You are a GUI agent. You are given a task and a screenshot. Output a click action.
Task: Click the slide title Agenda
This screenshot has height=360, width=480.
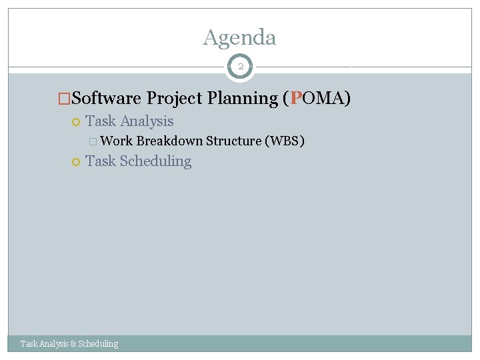(x=239, y=37)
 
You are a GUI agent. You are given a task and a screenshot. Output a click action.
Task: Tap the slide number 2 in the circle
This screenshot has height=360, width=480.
(x=240, y=67)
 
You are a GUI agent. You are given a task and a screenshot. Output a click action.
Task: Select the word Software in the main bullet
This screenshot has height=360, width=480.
(x=106, y=99)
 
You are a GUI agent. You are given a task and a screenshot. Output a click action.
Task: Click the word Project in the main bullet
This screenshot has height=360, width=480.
(x=175, y=99)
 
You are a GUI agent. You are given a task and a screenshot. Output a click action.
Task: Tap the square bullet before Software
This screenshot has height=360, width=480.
(x=64, y=99)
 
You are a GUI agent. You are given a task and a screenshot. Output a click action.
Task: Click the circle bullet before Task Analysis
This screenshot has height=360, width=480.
(x=76, y=122)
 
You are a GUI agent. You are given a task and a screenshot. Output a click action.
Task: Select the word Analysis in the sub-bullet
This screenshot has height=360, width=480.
(x=146, y=121)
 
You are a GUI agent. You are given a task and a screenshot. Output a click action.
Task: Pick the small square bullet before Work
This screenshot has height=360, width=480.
(x=93, y=141)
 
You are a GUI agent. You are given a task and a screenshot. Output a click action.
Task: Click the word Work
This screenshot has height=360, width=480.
(x=117, y=141)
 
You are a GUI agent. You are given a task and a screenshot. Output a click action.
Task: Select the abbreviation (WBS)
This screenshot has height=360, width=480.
(x=285, y=141)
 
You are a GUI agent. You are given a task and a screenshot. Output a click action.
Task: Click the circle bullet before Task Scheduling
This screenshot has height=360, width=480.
(x=76, y=162)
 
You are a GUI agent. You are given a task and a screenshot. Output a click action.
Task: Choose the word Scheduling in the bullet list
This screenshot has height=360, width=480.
(x=155, y=161)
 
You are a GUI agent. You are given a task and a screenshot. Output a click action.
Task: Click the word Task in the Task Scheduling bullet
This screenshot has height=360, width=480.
(x=101, y=161)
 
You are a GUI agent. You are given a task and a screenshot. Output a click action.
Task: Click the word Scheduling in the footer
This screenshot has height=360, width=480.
(x=98, y=344)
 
